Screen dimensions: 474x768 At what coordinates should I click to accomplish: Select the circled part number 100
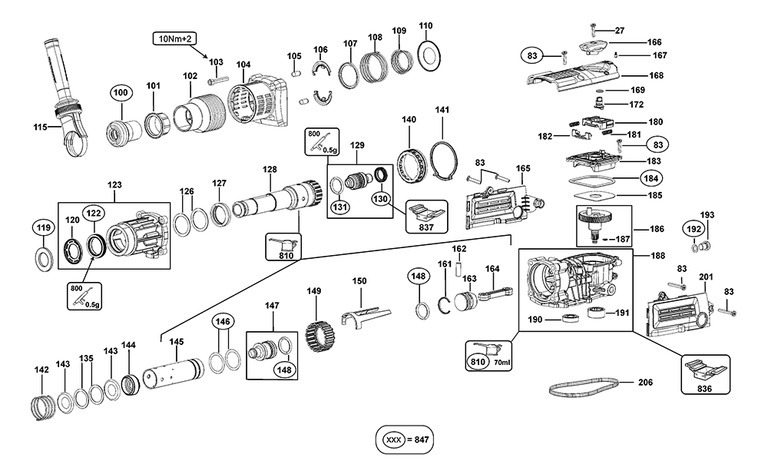click(x=120, y=93)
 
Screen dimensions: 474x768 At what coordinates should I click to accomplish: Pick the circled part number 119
click(x=43, y=227)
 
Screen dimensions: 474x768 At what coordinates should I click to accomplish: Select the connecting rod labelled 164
click(x=492, y=292)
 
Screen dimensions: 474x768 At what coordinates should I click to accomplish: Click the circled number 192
click(x=693, y=229)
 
